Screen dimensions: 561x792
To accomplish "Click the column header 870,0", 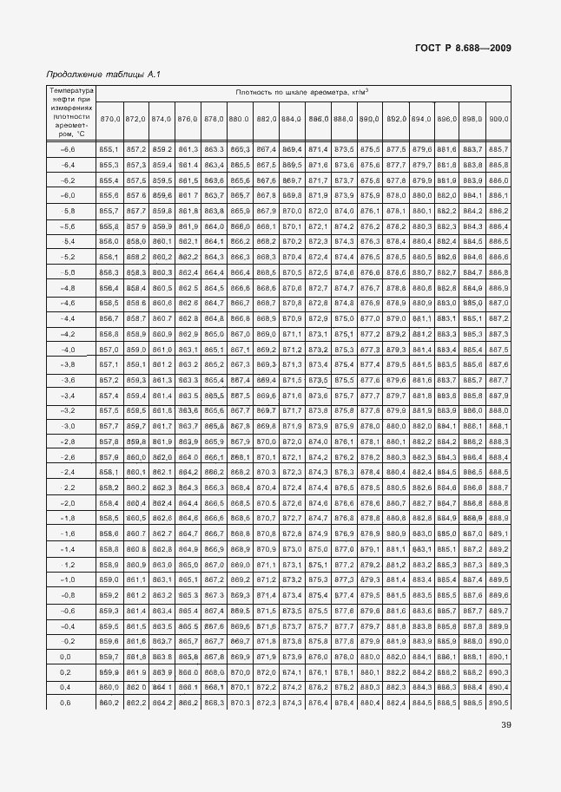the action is click(109, 118).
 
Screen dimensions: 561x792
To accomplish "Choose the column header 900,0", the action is click(498, 118).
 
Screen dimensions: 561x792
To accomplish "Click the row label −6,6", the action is click(68, 149).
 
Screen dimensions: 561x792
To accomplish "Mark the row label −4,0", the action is click(68, 349).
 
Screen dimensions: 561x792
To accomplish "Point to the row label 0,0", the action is click(68, 657).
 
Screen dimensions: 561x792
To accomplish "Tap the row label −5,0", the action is click(68, 272).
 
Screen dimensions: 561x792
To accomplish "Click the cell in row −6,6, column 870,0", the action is click(109, 149).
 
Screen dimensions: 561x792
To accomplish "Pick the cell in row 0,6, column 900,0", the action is click(498, 703).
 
